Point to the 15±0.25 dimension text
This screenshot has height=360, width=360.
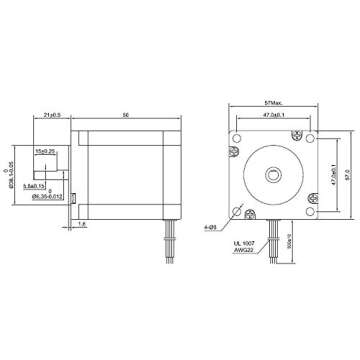(46, 150)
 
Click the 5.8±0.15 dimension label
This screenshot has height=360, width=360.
(47, 186)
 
